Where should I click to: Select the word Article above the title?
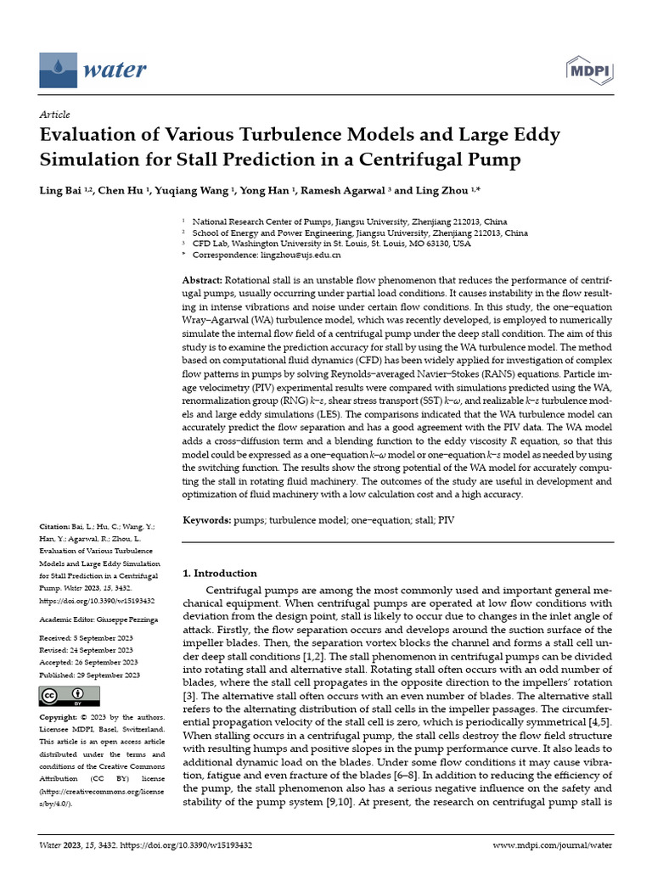(54, 115)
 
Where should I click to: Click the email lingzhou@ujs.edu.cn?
(295, 255)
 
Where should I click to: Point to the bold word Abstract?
(203, 281)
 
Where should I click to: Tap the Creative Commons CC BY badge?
(64, 696)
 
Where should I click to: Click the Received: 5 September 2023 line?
(90, 636)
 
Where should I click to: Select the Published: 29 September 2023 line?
(90, 675)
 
